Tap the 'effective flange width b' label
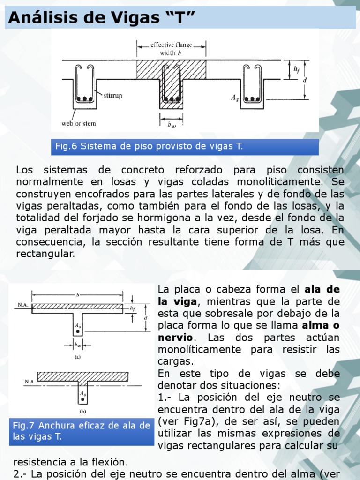171,49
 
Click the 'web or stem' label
79,124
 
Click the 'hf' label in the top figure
297,69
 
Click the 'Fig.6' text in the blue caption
66,146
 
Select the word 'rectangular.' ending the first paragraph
45,254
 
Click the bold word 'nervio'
175,337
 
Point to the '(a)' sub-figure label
77,356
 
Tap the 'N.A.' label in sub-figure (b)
30,382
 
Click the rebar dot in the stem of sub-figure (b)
83,399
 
